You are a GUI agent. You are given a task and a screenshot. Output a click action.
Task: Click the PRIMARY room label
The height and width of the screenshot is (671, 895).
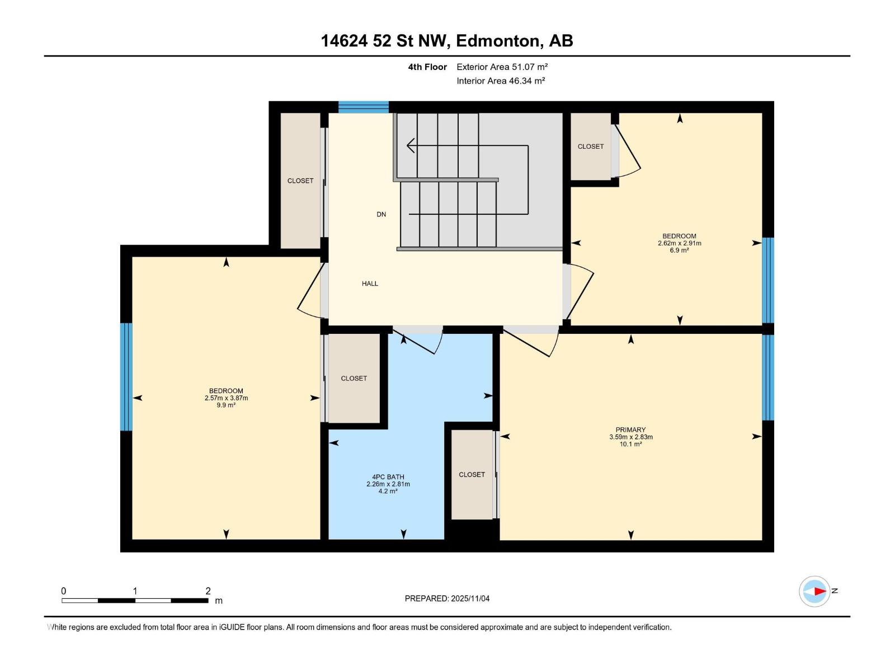click(x=630, y=430)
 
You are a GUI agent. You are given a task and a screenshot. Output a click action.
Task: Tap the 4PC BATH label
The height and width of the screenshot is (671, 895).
click(x=388, y=477)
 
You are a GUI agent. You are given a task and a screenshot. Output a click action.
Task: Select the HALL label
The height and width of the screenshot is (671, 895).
click(x=370, y=283)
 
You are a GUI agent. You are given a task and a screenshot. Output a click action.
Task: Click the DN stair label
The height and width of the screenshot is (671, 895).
click(x=381, y=214)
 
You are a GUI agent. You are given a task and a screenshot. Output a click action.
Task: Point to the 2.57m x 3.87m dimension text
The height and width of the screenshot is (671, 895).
click(x=226, y=398)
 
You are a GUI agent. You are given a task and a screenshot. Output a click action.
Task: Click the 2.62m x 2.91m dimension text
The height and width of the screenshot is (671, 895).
click(x=679, y=243)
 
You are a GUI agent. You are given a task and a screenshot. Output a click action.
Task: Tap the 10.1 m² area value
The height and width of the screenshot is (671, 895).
click(x=630, y=444)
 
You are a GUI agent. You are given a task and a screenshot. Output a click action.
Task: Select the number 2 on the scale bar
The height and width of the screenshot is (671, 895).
click(x=208, y=591)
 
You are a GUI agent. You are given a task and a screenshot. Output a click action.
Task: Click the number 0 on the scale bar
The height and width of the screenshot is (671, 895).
click(x=64, y=591)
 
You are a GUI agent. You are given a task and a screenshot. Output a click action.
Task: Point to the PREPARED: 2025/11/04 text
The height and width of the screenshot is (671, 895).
click(x=447, y=598)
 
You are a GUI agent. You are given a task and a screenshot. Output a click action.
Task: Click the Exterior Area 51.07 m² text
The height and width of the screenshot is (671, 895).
click(x=502, y=67)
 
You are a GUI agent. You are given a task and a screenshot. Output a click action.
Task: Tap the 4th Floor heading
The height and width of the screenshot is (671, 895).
click(x=427, y=67)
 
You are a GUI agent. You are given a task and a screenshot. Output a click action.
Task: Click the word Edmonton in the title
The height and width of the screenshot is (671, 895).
click(x=498, y=41)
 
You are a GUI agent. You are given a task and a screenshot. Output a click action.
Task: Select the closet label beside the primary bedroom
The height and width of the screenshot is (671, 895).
click(x=472, y=475)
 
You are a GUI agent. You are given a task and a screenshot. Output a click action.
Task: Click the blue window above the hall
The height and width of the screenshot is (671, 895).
click(x=364, y=107)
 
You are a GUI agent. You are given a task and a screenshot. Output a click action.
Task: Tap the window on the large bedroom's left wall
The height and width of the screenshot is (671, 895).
click(x=126, y=377)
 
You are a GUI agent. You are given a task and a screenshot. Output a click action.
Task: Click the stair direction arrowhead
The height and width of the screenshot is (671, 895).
click(x=411, y=146)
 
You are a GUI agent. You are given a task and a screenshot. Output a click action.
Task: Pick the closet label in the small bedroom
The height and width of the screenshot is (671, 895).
click(x=591, y=147)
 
